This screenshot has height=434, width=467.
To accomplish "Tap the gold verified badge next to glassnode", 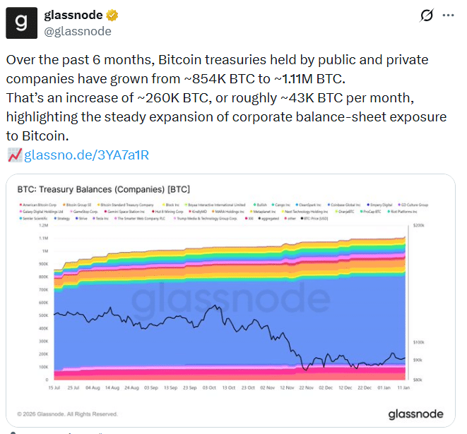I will (113, 16).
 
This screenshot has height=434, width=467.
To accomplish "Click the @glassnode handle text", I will (78, 31).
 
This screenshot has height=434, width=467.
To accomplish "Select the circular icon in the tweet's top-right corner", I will (427, 16).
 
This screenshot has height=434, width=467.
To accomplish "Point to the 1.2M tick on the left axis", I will (44, 225).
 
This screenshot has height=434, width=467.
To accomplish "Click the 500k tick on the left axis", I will (44, 315).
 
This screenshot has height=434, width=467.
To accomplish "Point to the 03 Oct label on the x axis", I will (210, 387).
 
